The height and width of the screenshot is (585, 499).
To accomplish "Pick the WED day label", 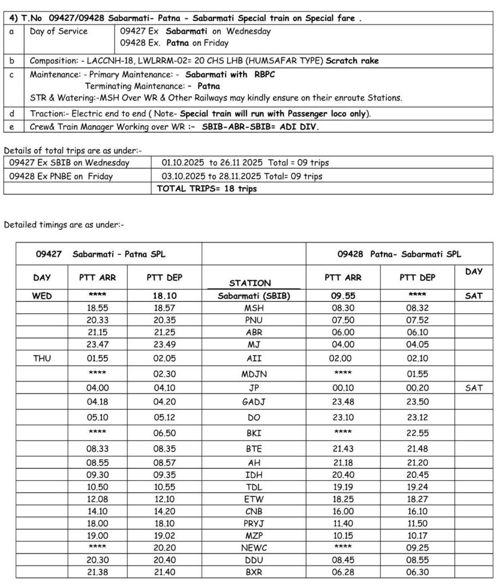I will (x=42, y=296).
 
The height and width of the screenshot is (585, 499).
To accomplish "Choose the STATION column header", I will (x=250, y=282).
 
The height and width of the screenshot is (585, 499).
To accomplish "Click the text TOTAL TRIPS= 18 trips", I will (x=207, y=188).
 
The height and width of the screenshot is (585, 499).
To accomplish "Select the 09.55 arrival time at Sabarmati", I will (x=343, y=296).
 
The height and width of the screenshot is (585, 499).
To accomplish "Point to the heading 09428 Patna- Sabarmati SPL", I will (x=399, y=254).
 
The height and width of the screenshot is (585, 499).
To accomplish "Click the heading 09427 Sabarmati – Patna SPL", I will (x=101, y=254).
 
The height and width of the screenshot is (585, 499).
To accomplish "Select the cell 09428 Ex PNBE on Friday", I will (x=61, y=176).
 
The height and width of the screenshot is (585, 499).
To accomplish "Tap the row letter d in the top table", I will (x=13, y=114).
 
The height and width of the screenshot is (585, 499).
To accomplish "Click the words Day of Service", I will (x=59, y=31).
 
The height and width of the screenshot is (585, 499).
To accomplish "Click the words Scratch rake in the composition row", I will (x=352, y=61).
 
